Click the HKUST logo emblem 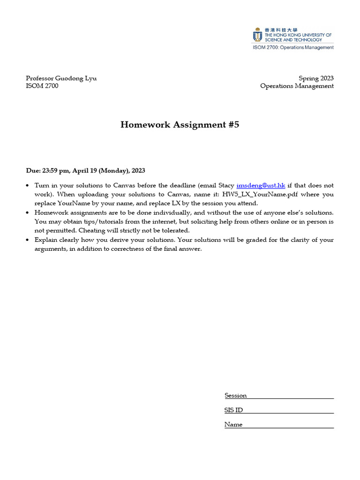[x=257, y=35]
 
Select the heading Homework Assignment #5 [x=180, y=125]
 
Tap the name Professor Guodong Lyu [x=61, y=78]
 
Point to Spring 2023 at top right [x=316, y=78]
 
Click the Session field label [x=235, y=396]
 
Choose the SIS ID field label [x=233, y=410]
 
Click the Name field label [x=233, y=425]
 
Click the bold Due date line [x=89, y=171]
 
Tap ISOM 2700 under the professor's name [x=42, y=86]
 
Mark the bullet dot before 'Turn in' [x=28, y=186]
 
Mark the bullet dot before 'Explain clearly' [x=28, y=240]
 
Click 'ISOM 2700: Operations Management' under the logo [x=293, y=47]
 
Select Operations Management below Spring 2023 [x=297, y=86]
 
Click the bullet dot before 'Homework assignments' [x=28, y=213]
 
